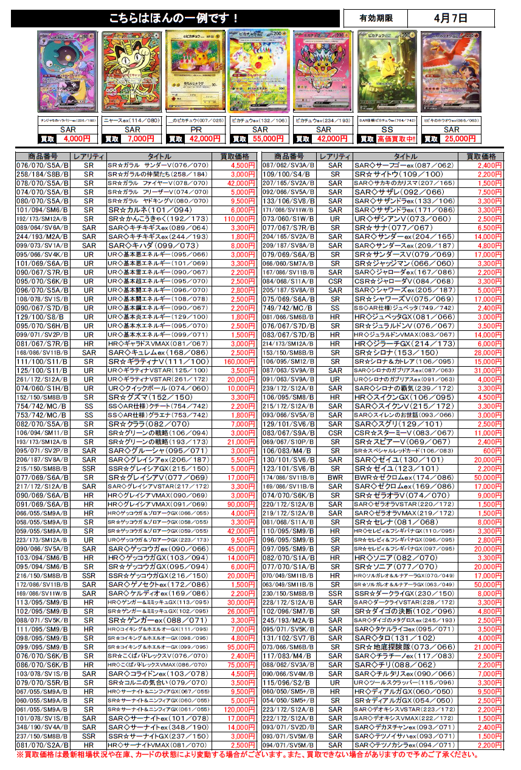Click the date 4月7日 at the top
450,19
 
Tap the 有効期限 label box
375,19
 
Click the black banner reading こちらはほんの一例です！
175,19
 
